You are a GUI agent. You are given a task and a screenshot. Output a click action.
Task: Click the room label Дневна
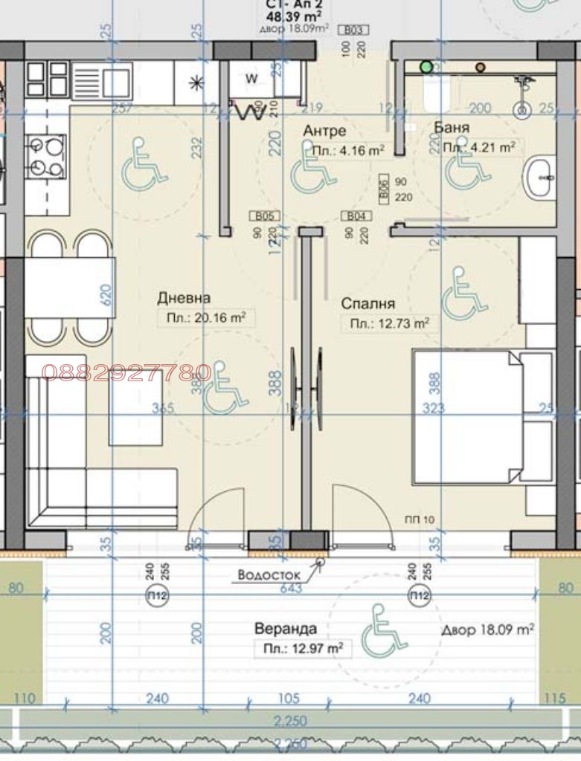[183, 298]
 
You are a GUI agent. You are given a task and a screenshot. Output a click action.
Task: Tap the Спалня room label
[367, 304]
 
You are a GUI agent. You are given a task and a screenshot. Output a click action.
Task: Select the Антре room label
[324, 131]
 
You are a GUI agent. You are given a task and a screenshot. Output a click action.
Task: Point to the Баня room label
[452, 128]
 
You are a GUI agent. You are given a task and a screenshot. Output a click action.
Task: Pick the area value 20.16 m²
[202, 318]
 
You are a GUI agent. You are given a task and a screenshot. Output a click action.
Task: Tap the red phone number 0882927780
[126, 372]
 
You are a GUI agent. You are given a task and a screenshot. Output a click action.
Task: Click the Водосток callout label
[269, 574]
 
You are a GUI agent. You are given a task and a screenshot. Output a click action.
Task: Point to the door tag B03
[354, 30]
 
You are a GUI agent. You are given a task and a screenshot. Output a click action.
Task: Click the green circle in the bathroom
[426, 67]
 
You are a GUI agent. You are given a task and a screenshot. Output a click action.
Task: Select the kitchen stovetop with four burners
[46, 157]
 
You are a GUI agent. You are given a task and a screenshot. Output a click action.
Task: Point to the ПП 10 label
[420, 520]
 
